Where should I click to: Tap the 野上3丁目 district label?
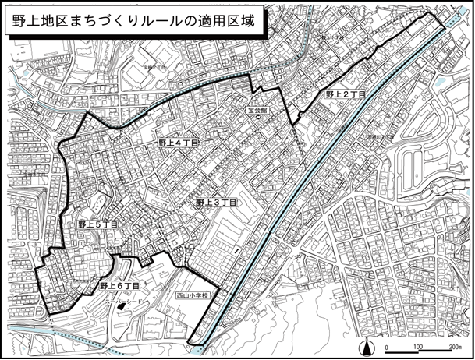coord(216,202)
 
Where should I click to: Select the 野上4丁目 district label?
coord(179,143)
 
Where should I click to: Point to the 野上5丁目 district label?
coord(97,224)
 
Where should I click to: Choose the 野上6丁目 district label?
coord(119,286)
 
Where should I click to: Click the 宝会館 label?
coord(258,111)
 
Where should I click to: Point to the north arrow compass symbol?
coord(363,347)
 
